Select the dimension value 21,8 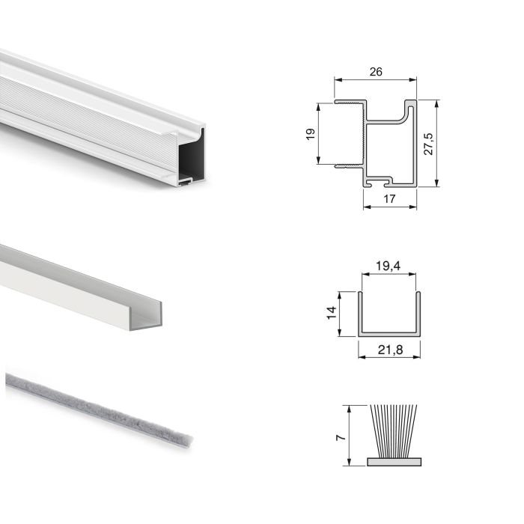[x=389, y=348]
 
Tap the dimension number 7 [x=341, y=435]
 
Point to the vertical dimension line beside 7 [x=349, y=435]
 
